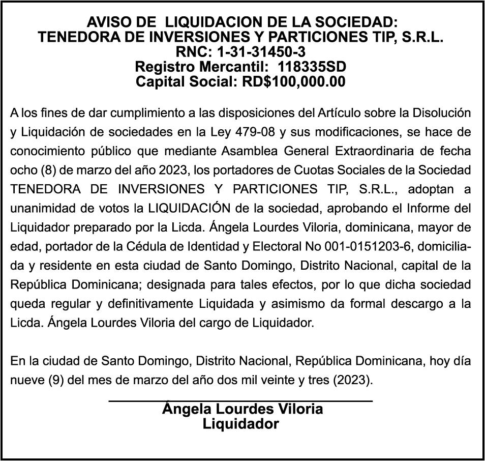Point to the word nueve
25,380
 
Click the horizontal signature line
241,401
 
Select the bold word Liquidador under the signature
241,424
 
